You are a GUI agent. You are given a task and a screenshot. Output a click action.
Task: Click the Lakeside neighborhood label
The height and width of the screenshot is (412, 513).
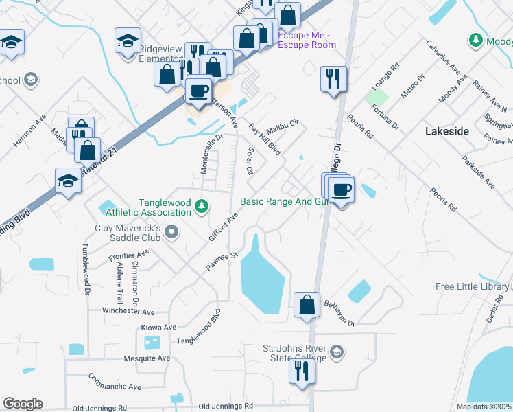click(446, 131)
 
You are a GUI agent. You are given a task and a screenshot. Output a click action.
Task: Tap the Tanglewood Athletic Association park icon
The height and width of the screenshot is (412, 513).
click(201, 205)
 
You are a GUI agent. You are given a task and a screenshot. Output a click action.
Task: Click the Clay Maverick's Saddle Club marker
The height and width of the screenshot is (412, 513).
click(171, 236)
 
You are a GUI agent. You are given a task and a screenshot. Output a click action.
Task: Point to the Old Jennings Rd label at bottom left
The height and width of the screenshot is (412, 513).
click(100, 408)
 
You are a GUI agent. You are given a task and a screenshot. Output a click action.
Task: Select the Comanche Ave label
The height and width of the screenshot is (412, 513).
click(115, 382)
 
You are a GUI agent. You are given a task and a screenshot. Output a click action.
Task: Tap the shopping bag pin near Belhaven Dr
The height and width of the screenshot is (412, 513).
click(307, 304)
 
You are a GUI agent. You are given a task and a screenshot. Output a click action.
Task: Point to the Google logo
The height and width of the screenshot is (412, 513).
click(23, 404)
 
